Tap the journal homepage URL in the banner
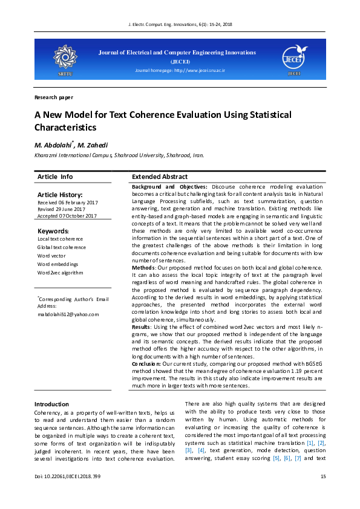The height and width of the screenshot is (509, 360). pos(180,71)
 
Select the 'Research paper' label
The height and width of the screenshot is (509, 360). pos(54,97)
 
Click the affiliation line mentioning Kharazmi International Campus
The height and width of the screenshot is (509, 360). pos(119,155)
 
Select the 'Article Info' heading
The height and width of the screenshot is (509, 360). pos(55,177)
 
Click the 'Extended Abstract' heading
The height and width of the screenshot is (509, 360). pos(159,177)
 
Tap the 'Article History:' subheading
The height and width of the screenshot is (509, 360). pos(59,195)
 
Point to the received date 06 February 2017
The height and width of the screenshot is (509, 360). pos(67,203)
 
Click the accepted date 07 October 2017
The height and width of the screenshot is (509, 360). pos(67,216)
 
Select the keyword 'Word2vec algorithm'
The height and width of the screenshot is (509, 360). pos(60,273)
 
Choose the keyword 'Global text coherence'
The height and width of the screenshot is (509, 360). pos(62,247)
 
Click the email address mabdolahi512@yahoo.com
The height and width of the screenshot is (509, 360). pos(68,314)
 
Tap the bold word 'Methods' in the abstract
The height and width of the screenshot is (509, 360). pos(143,267)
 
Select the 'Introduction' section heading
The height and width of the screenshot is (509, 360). pos(51,404)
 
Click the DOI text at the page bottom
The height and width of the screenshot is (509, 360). pos(68,477)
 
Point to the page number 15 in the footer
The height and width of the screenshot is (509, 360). pos(322,477)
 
